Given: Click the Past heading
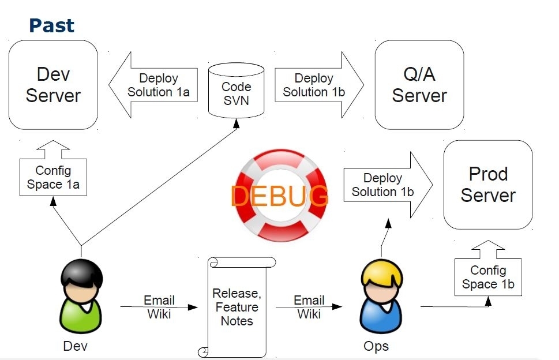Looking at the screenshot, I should pyautogui.click(x=51, y=25).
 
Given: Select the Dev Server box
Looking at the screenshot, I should pyautogui.click(x=53, y=85).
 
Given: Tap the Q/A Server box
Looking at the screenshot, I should pyautogui.click(x=419, y=85).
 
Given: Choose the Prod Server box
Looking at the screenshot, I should pyautogui.click(x=488, y=185).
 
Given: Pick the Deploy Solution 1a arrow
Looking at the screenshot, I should pyautogui.click(x=156, y=85).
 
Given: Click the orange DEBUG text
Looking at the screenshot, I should pyautogui.click(x=280, y=196).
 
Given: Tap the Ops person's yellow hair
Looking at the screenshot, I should pyautogui.click(x=380, y=276).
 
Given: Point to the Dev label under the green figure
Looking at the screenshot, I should pyautogui.click(x=76, y=346).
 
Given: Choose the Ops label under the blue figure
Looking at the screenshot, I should pyautogui.click(x=376, y=346).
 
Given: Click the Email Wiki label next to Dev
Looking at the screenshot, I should pyautogui.click(x=159, y=307).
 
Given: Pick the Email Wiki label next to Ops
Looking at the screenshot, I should pyautogui.click(x=309, y=307).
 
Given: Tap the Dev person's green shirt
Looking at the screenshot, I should pyautogui.click(x=81, y=316).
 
